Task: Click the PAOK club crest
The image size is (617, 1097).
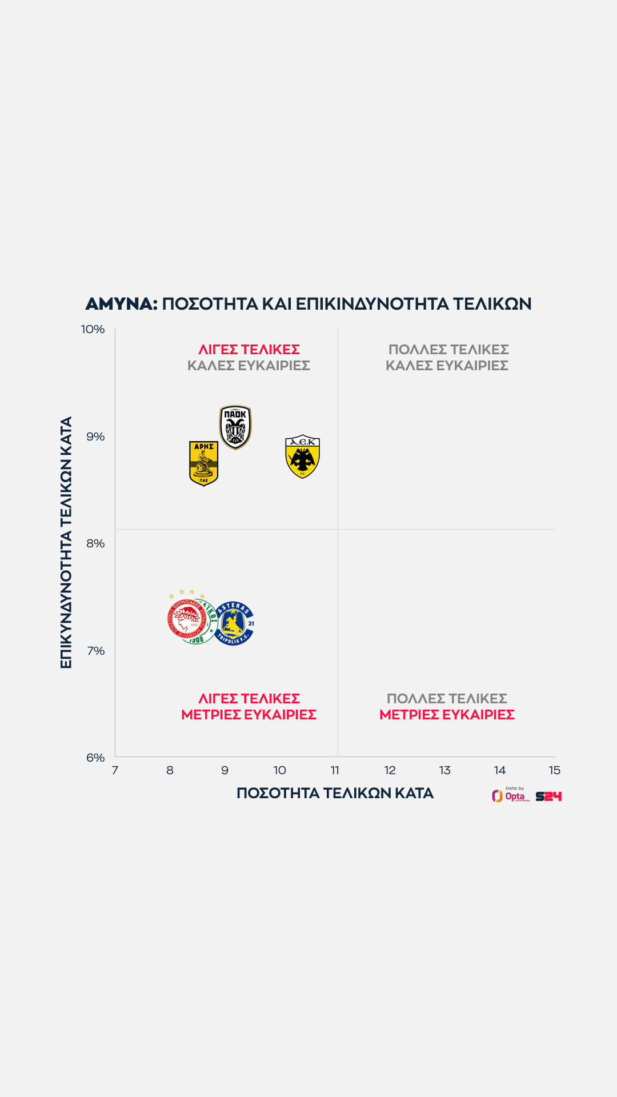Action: click(x=235, y=427)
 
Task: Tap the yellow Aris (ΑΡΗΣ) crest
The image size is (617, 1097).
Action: click(x=203, y=463)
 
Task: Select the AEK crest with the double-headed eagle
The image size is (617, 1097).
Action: click(x=302, y=456)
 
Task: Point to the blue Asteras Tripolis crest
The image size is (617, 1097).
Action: click(x=234, y=623)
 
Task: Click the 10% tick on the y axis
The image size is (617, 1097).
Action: click(x=93, y=329)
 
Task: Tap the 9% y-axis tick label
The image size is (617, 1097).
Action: click(x=95, y=437)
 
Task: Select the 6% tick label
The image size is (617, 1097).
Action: click(x=95, y=758)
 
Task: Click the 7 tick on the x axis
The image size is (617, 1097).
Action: click(x=115, y=770)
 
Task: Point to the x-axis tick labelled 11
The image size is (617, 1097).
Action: click(x=335, y=770)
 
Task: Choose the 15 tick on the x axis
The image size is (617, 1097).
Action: click(x=554, y=770)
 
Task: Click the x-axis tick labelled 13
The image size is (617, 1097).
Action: click(x=444, y=770)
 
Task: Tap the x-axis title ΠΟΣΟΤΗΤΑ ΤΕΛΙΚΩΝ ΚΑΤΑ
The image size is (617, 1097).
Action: click(x=335, y=793)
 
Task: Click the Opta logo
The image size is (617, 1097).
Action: click(x=510, y=795)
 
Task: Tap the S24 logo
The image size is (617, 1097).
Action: click(x=548, y=796)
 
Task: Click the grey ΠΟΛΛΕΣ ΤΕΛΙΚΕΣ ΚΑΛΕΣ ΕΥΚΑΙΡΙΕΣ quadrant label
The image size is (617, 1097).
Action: click(x=447, y=357)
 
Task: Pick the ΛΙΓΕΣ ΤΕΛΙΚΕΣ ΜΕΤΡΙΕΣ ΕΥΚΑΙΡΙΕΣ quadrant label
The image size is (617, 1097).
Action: click(x=249, y=706)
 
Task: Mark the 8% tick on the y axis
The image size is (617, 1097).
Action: click(x=95, y=543)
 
